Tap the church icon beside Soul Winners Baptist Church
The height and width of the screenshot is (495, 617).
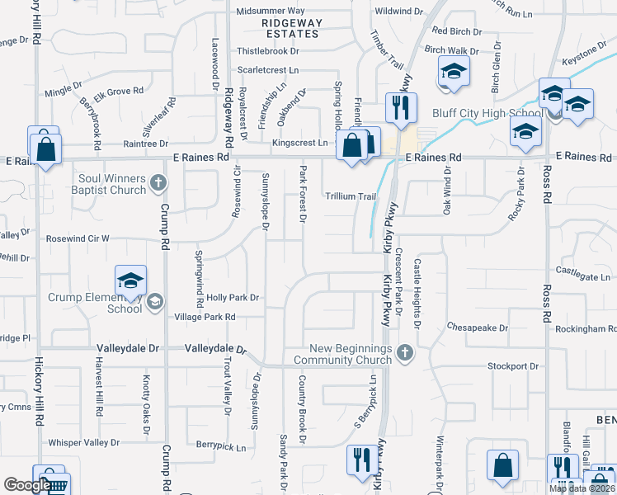point(159,182)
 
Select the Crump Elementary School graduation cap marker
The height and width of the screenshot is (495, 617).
point(130,282)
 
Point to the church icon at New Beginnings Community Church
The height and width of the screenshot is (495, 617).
point(403,353)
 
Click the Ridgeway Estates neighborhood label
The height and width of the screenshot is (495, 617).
point(290,28)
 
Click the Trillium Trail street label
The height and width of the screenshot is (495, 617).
point(351,196)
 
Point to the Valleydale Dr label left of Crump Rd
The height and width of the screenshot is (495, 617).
point(127,348)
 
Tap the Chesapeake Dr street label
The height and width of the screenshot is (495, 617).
point(478,328)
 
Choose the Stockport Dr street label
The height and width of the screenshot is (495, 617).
point(512,365)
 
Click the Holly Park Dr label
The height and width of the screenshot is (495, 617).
point(233,297)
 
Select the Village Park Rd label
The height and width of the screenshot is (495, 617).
point(205,317)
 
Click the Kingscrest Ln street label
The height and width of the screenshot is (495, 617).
point(299,143)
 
